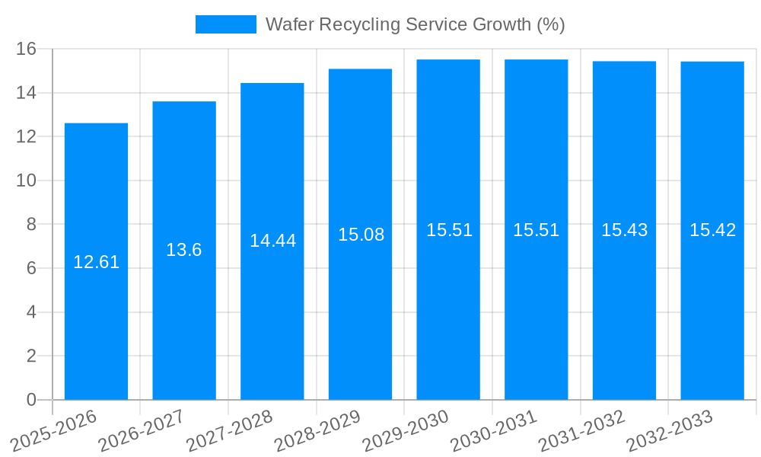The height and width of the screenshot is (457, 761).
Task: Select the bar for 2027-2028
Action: click(x=272, y=320)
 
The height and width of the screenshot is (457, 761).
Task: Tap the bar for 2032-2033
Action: click(x=712, y=320)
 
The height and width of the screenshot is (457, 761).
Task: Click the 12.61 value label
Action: click(x=96, y=262)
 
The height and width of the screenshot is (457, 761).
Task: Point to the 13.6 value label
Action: click(x=184, y=250)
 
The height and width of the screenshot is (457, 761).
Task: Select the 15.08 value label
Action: click(x=361, y=235)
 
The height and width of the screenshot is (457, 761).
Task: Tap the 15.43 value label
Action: click(x=624, y=230)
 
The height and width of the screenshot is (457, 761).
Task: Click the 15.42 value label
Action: click(x=712, y=230)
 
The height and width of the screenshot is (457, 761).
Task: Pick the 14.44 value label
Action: click(x=272, y=241)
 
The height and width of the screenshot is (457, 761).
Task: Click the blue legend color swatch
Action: click(x=225, y=24)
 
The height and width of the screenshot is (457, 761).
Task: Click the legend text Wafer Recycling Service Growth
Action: click(x=415, y=24)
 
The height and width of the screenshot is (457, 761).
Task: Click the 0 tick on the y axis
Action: click(x=31, y=400)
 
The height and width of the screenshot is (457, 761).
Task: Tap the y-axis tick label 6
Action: click(x=31, y=268)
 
